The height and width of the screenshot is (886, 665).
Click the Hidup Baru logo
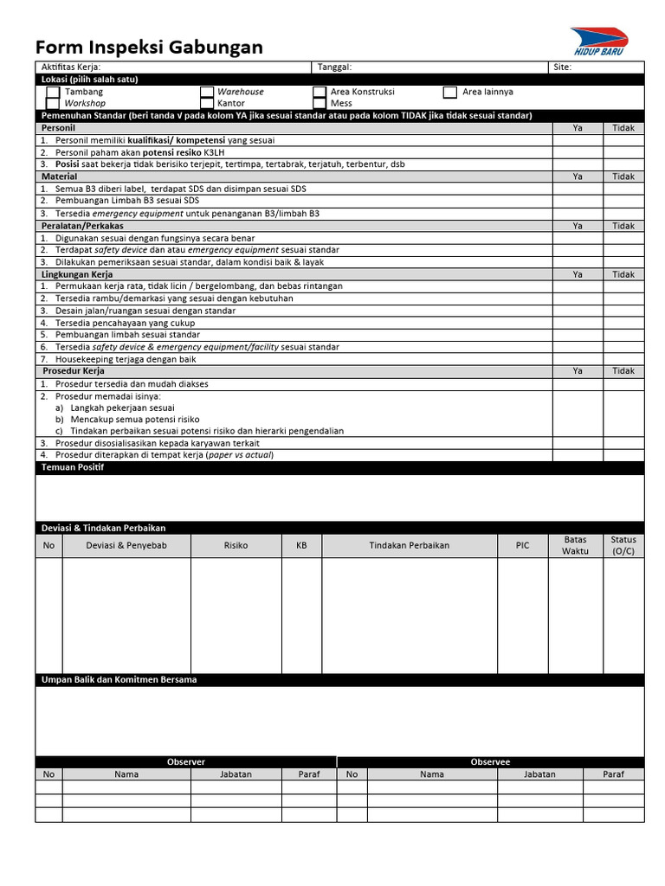[x=602, y=43]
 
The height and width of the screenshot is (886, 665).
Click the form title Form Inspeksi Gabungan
[x=149, y=47]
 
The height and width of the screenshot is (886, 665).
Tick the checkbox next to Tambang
[x=54, y=92]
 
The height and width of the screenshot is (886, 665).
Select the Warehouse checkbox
[x=207, y=92]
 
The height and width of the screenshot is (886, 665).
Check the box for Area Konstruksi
[x=320, y=92]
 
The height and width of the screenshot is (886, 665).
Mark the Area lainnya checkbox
[x=450, y=92]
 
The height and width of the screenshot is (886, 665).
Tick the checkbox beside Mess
[x=320, y=103]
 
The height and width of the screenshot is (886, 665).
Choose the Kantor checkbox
[x=207, y=103]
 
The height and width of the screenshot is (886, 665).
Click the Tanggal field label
[x=334, y=67]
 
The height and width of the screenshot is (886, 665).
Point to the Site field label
[x=562, y=67]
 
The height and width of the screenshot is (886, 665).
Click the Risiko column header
[x=236, y=546]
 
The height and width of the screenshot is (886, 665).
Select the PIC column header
[x=522, y=546]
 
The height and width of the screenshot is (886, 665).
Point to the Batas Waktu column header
[x=574, y=545]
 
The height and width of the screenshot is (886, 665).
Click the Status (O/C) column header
[x=623, y=545]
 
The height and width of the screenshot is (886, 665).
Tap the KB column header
[x=301, y=546]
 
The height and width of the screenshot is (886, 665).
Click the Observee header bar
[x=490, y=762]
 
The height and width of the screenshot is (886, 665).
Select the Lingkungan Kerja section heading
[x=78, y=274]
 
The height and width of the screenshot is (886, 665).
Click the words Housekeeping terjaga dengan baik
[x=126, y=359]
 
